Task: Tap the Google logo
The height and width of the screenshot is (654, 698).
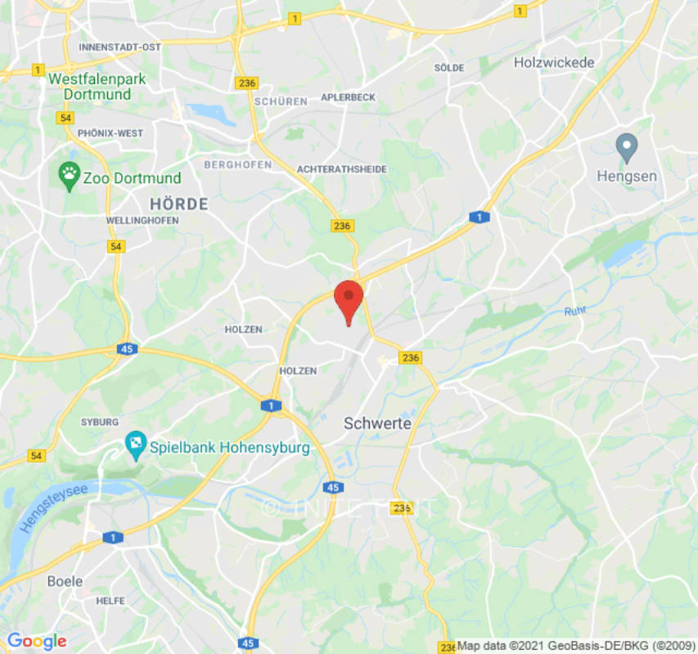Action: (x=36, y=641)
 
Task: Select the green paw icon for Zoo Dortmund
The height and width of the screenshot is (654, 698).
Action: (x=70, y=172)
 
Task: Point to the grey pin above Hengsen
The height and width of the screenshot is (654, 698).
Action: (x=627, y=147)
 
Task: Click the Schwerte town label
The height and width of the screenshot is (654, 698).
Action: (x=377, y=423)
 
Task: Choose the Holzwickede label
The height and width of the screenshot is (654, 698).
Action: (x=554, y=62)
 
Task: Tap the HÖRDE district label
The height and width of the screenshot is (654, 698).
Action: (x=178, y=204)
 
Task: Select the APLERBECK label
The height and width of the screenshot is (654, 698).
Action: (x=348, y=97)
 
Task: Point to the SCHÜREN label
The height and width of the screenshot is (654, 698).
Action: (x=281, y=101)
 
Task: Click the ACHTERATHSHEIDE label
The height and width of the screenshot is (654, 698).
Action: (x=342, y=169)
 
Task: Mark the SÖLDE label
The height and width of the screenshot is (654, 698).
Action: (x=449, y=68)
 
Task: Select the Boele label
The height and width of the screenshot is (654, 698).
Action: (x=65, y=581)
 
